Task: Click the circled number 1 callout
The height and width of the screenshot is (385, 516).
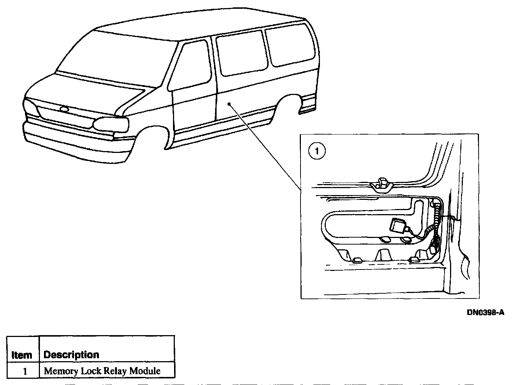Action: (317, 151)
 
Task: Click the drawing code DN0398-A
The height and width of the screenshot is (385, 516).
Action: (485, 312)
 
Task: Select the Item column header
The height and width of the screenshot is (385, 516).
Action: (22, 355)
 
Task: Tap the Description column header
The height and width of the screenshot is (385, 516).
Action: (71, 355)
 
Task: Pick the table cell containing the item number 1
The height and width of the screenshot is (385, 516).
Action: (25, 371)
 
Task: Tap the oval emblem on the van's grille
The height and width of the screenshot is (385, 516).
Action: (64, 109)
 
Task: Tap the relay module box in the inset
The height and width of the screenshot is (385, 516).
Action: (398, 225)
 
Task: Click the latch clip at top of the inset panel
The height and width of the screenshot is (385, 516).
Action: (381, 183)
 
